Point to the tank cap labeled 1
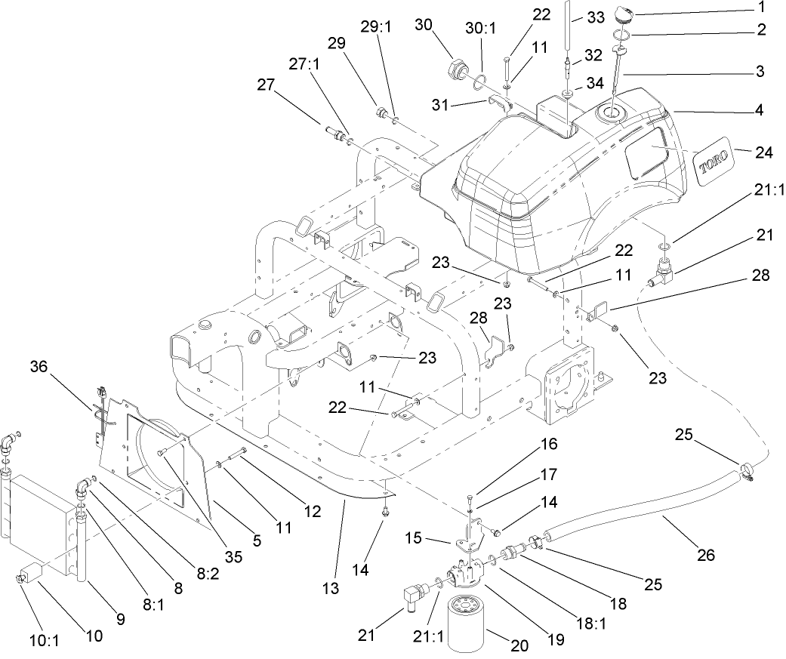point(624,14)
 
